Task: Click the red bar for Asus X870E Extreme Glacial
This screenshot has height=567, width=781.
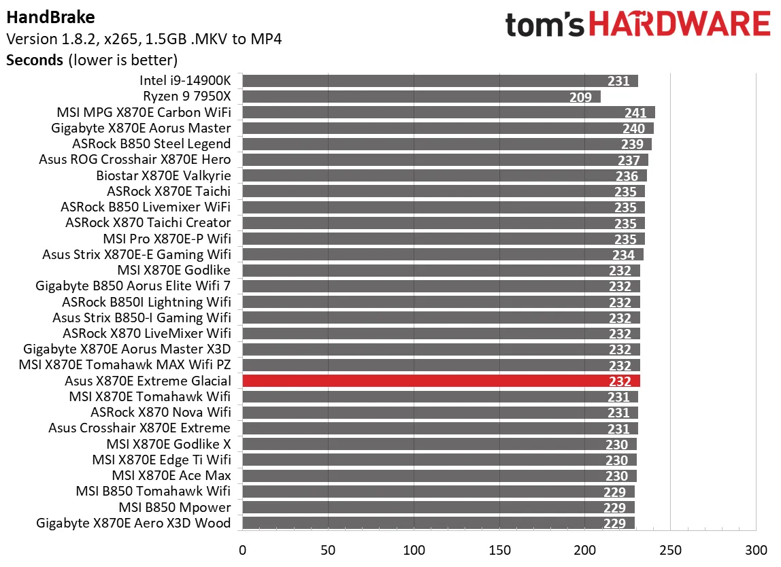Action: coord(441,381)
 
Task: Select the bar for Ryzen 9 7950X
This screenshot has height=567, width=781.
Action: coord(420,97)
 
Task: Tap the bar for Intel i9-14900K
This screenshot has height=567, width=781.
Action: coord(439,82)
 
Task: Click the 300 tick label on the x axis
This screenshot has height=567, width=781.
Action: coord(756,549)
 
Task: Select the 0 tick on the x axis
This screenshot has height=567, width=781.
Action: coord(242,549)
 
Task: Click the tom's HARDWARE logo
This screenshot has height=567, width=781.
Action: coord(637,24)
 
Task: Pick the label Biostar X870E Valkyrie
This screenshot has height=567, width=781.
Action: coord(163,175)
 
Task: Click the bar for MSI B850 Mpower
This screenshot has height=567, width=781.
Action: coord(438,507)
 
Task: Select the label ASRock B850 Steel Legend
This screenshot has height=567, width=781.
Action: coord(151,144)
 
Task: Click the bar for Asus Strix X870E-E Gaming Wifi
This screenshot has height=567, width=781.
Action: coord(442,255)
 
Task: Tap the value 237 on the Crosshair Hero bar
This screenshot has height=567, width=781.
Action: coord(629,160)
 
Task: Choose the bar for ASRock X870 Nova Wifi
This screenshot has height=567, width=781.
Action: coord(439,413)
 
